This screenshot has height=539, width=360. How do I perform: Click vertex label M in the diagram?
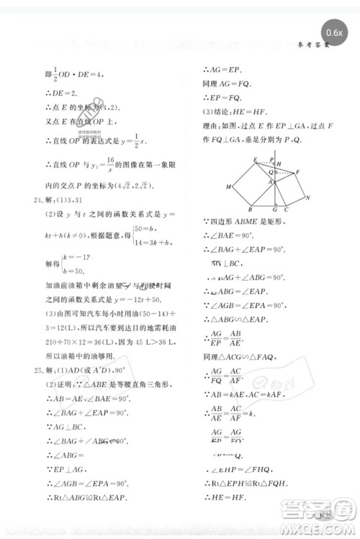tap(228, 187)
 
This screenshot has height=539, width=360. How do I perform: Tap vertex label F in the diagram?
tap(297, 172)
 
